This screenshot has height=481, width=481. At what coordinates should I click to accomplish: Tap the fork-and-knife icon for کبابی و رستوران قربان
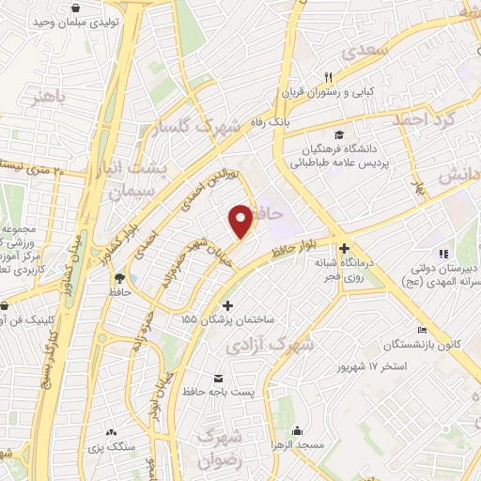(x=328, y=77)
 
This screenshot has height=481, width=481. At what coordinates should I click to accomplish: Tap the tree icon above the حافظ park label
(x=119, y=277)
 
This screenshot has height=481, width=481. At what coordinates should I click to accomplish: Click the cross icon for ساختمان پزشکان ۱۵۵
(x=227, y=305)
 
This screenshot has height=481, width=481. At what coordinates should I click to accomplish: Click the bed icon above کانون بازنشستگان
(x=422, y=331)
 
